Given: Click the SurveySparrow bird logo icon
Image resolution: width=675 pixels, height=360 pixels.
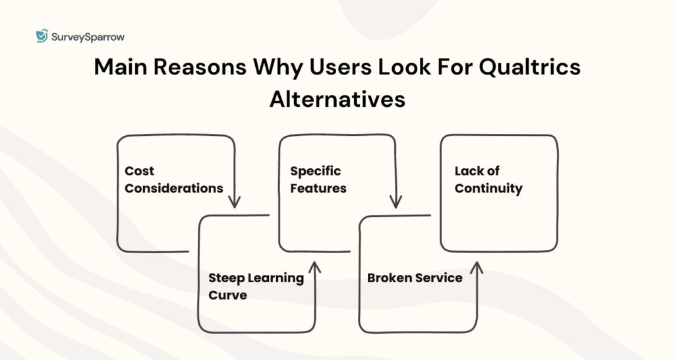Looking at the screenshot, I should [x=42, y=36].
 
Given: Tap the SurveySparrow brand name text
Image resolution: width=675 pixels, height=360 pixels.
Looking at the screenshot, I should [x=88, y=37].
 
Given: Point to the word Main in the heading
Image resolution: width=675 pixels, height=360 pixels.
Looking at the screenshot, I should [x=121, y=68].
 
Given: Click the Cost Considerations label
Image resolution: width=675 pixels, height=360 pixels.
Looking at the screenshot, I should [x=173, y=179].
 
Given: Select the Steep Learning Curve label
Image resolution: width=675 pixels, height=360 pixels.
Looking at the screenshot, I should [x=256, y=286].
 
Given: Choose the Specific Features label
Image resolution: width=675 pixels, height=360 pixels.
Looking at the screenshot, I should [x=318, y=179].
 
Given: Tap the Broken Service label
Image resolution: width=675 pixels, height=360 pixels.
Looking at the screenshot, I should [x=415, y=278].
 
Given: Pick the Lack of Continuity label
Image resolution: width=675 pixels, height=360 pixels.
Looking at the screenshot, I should [x=488, y=179].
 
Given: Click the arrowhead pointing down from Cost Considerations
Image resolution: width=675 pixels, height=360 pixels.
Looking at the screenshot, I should [x=235, y=202].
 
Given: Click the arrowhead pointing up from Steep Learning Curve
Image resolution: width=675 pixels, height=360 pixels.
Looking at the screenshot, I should [x=314, y=267].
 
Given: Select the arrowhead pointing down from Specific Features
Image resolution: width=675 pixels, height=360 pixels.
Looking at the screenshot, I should [x=396, y=202].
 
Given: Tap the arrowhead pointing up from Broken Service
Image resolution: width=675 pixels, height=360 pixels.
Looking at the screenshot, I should [x=477, y=267].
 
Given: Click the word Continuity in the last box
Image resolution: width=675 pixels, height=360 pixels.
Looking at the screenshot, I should [x=488, y=189].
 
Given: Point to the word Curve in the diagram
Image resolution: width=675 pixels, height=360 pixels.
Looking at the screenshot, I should [x=227, y=295].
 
